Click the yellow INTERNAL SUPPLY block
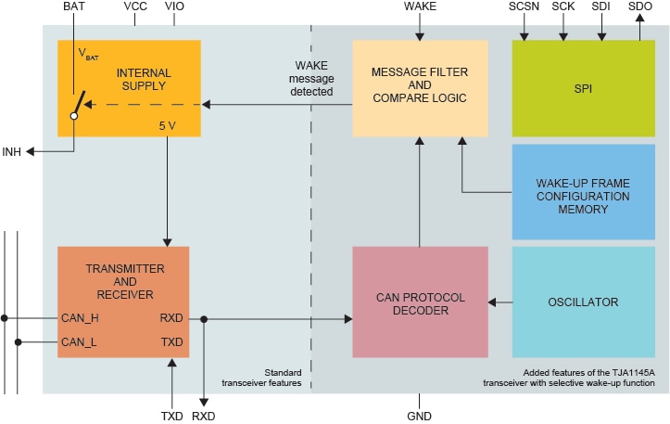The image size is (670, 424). click(129, 88)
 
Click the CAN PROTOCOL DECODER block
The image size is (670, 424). click(420, 302)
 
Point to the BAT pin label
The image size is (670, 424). click(75, 6)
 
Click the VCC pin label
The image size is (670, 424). click(135, 6)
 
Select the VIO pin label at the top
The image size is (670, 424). click(174, 6)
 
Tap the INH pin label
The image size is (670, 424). click(12, 152)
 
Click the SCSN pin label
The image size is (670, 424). click(525, 6)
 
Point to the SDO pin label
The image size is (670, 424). click(639, 6)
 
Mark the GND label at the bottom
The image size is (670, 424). click(420, 417)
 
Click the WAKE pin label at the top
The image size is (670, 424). click(421, 6)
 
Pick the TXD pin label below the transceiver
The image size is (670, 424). click(172, 417)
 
